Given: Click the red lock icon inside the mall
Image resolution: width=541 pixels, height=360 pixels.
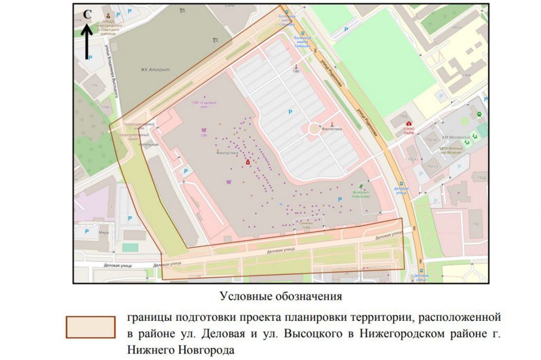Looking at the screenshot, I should (x=247, y=163).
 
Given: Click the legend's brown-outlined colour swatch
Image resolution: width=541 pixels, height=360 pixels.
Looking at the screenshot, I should (x=90, y=327).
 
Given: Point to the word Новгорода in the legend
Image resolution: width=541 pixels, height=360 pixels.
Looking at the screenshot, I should (x=208, y=349).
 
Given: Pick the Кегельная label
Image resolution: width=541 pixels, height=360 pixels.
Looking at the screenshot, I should (x=148, y=144).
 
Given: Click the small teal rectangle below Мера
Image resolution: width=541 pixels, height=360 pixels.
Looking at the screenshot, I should (x=129, y=247).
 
